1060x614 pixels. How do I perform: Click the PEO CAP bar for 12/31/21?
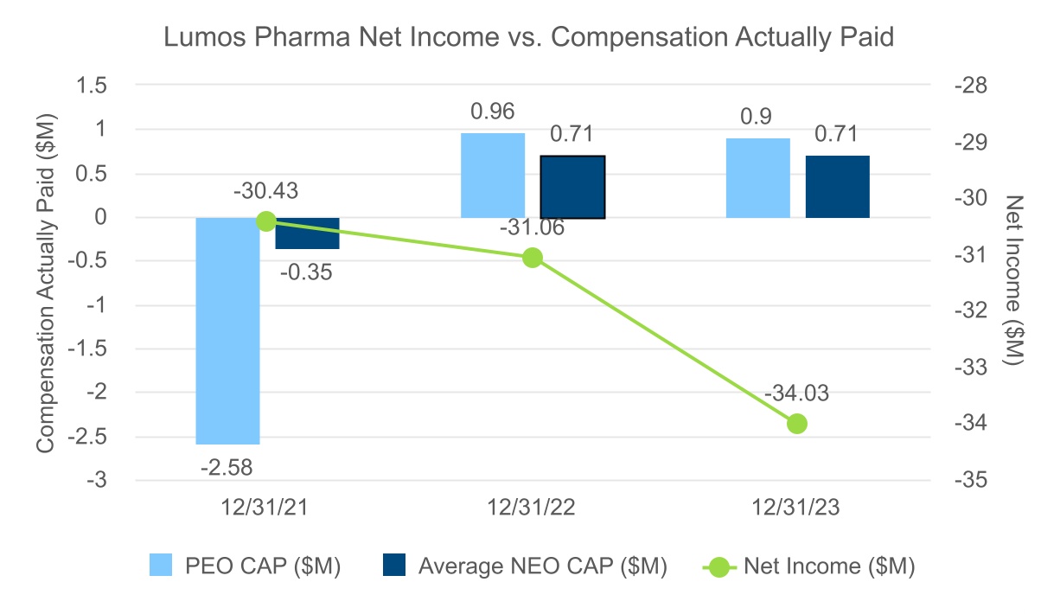[x=227, y=330]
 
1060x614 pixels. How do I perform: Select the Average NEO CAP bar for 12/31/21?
[x=307, y=233]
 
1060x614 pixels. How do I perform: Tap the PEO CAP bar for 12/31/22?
[x=493, y=176]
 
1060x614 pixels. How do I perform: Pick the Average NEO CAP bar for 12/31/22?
[x=572, y=187]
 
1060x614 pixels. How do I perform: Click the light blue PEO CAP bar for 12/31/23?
[x=758, y=178]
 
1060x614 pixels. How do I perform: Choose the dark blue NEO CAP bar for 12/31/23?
[x=838, y=187]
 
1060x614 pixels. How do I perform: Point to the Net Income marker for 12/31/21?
[x=266, y=221]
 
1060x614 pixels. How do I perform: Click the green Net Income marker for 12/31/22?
[x=533, y=257]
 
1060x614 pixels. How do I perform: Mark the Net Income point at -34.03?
[x=797, y=424]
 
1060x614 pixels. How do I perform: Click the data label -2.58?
[x=227, y=468]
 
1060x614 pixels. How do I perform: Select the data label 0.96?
[x=492, y=112]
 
